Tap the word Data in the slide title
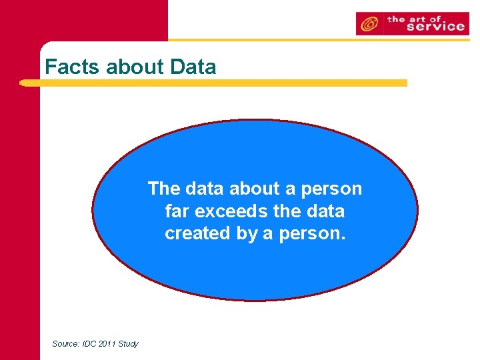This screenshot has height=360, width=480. (x=193, y=67)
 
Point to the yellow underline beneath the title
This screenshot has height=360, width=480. (x=213, y=83)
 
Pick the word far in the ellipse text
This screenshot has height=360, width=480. (x=177, y=211)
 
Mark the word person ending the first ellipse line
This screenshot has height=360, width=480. (x=333, y=189)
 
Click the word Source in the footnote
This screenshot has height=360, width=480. (x=66, y=343)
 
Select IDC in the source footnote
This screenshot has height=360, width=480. (x=90, y=343)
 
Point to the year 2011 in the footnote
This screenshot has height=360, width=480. (x=108, y=343)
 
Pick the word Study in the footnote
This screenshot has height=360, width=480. (x=129, y=343)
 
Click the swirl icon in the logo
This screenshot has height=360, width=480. (x=368, y=24)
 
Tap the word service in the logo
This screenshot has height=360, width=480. (x=435, y=27)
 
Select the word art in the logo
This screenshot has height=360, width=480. (x=419, y=18)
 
